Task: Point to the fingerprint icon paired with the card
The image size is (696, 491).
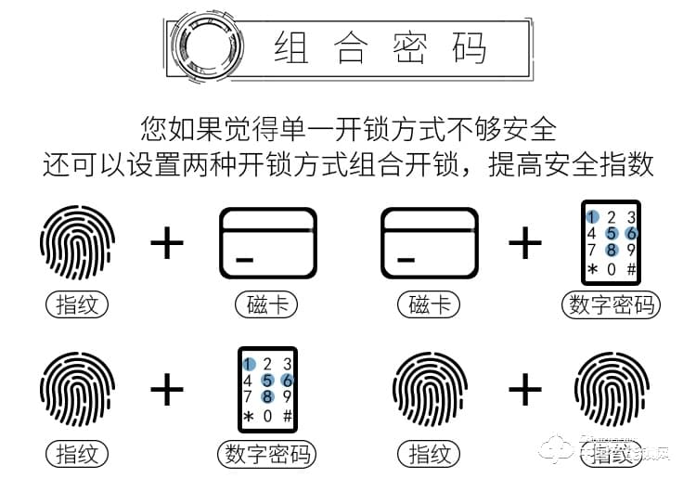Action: (x=77, y=243)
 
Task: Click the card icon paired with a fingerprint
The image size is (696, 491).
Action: (x=267, y=243)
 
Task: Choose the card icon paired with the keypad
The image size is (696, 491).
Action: (x=428, y=243)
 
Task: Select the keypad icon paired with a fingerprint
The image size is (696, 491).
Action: (x=267, y=389)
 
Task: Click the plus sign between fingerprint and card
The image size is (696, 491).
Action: (x=167, y=243)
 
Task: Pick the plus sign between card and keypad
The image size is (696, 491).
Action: (x=524, y=243)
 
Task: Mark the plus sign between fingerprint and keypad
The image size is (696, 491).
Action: (x=167, y=390)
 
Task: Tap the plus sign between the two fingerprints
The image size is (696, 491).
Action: (x=524, y=390)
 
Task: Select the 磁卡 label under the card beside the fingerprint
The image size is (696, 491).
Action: (x=267, y=304)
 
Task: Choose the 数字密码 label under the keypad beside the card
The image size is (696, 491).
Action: (x=611, y=304)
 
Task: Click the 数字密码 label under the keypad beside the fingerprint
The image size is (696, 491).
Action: (x=267, y=454)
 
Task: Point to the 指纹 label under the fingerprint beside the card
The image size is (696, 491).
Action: (x=77, y=304)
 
